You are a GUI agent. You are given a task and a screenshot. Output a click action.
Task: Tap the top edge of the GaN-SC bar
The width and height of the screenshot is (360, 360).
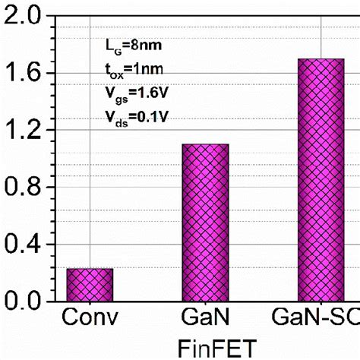point(321,59)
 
